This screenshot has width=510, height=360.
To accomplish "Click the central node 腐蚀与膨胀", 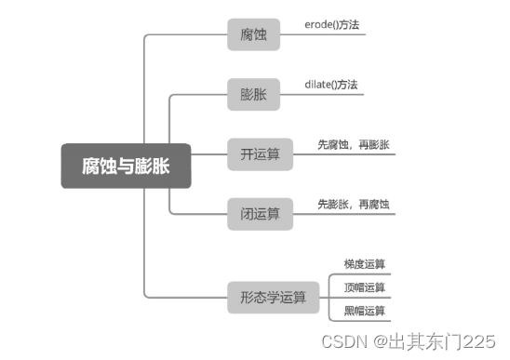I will (x=126, y=166).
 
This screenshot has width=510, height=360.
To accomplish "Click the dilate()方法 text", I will (x=331, y=85).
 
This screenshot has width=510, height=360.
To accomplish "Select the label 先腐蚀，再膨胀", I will (x=354, y=145).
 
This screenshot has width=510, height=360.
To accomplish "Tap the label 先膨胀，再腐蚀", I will (x=354, y=204).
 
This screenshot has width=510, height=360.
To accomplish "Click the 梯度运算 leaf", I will (x=365, y=264).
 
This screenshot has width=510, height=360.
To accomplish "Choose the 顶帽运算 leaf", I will (x=365, y=287).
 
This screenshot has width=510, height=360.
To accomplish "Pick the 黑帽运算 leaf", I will (x=365, y=311).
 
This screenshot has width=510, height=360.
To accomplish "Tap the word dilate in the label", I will (x=318, y=85).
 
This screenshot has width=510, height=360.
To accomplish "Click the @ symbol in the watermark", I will (x=381, y=341).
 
